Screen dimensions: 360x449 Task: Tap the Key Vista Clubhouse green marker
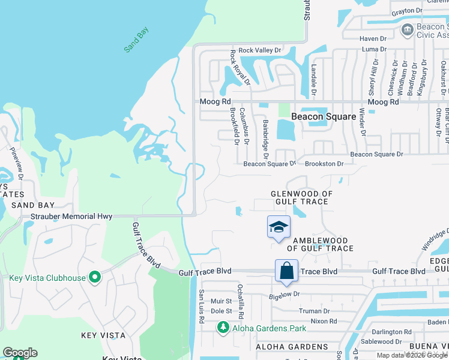[94, 277]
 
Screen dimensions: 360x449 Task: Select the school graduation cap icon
[279, 227]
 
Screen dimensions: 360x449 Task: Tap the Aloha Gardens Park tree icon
[223, 328]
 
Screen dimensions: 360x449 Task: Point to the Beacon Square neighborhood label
[324, 117]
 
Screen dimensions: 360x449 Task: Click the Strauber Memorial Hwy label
[71, 216]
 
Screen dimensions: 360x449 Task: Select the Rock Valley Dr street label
[260, 50]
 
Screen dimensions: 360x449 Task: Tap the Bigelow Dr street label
[284, 294]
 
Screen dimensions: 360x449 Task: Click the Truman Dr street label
[314, 311]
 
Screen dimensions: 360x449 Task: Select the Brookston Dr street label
[324, 163]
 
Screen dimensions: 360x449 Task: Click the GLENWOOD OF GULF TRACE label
[301, 197]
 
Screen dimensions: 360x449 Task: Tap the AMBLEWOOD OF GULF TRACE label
[312, 244]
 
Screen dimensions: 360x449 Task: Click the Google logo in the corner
[20, 353]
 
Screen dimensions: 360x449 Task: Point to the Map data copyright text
[412, 355]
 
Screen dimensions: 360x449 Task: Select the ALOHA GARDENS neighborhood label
[292, 347]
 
